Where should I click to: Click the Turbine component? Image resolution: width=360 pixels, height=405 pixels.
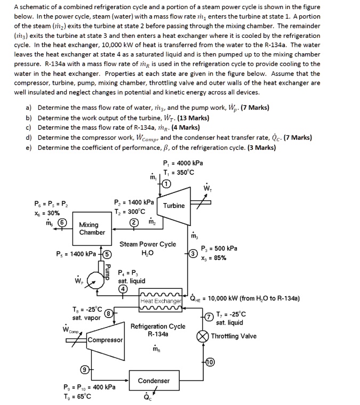174,205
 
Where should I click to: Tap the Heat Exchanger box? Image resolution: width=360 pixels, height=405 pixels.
161,301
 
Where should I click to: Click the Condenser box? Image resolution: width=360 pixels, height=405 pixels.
154,380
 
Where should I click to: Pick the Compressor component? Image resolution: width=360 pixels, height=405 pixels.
106,340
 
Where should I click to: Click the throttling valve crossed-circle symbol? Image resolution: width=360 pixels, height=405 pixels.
203,336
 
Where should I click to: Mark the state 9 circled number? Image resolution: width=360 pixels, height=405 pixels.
84,369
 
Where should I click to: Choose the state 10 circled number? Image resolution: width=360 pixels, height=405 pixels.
210,362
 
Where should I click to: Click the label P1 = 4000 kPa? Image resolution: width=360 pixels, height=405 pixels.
183,163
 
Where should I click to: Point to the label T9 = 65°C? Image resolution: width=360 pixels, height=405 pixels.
77,396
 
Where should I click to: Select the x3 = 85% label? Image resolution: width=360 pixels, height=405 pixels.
214,258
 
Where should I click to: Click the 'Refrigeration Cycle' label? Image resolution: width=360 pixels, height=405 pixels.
158,326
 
